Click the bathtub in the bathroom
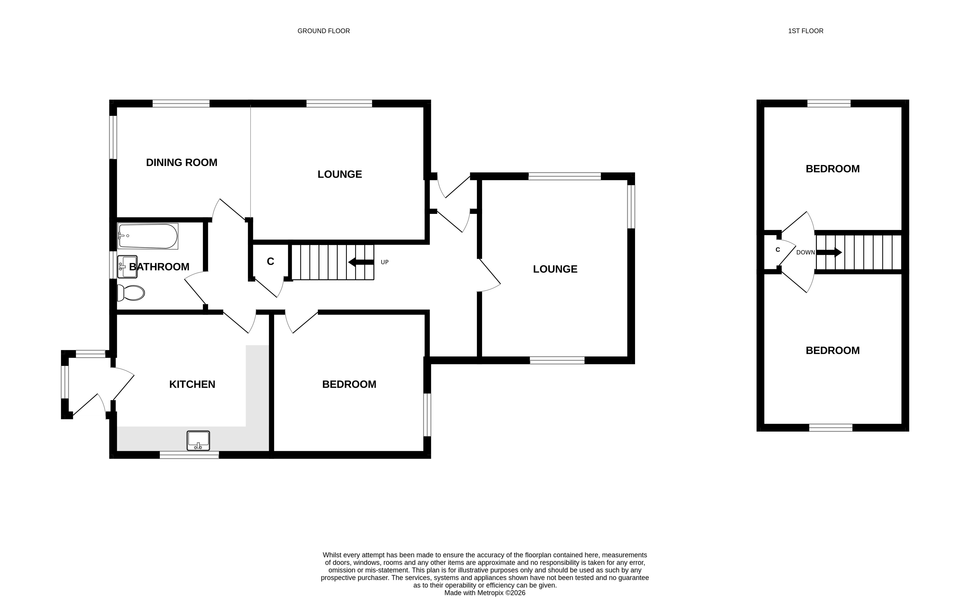(x=148, y=236)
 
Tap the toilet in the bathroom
(x=131, y=293)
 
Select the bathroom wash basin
(x=127, y=267)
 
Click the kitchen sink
(x=198, y=441)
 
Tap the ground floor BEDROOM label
(x=349, y=384)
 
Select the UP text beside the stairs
(x=384, y=262)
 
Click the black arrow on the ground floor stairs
(x=361, y=262)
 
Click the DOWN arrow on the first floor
(x=829, y=252)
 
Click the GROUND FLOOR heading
(x=324, y=31)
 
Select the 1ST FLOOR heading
(x=806, y=31)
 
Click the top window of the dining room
(x=181, y=103)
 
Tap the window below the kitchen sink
(x=189, y=455)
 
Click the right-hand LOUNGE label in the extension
(x=555, y=269)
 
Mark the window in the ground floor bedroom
(x=427, y=415)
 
